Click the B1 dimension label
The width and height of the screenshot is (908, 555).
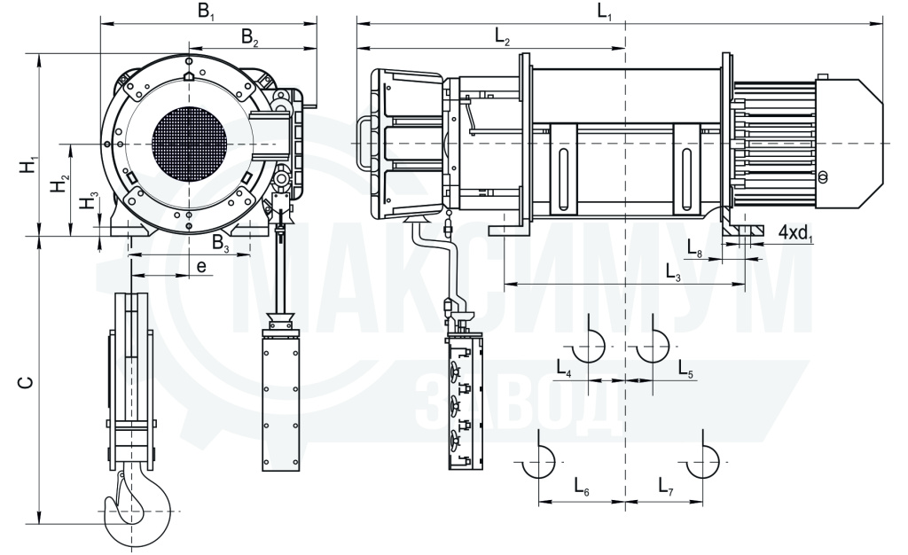[206, 12]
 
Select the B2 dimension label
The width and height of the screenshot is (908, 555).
[249, 37]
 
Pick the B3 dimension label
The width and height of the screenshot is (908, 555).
[221, 243]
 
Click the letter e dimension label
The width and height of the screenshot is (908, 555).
[201, 266]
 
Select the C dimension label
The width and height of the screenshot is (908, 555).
[26, 382]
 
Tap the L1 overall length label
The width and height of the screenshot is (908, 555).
[605, 12]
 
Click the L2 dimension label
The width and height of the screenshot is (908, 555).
[502, 36]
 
